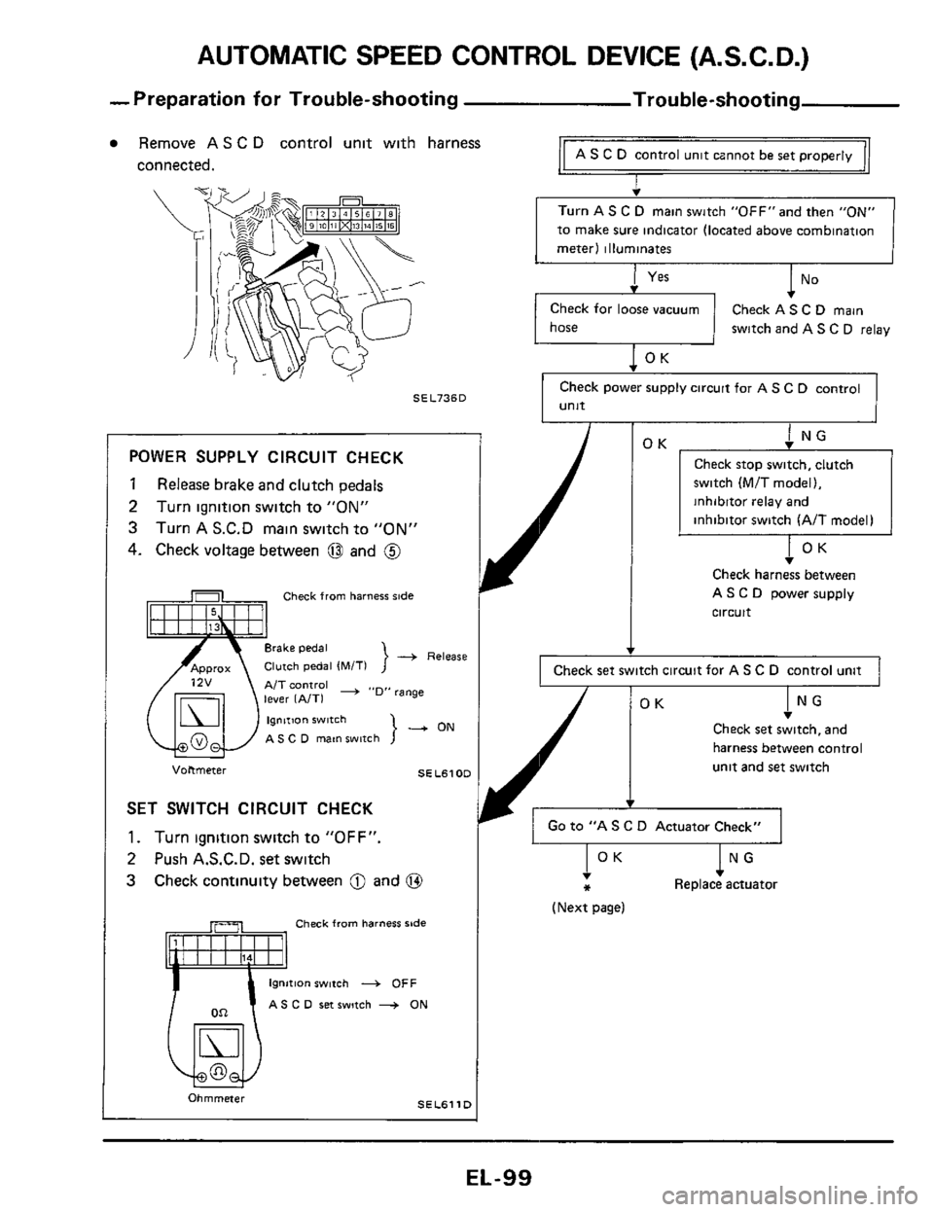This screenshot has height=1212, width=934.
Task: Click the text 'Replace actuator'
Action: tap(726, 885)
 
